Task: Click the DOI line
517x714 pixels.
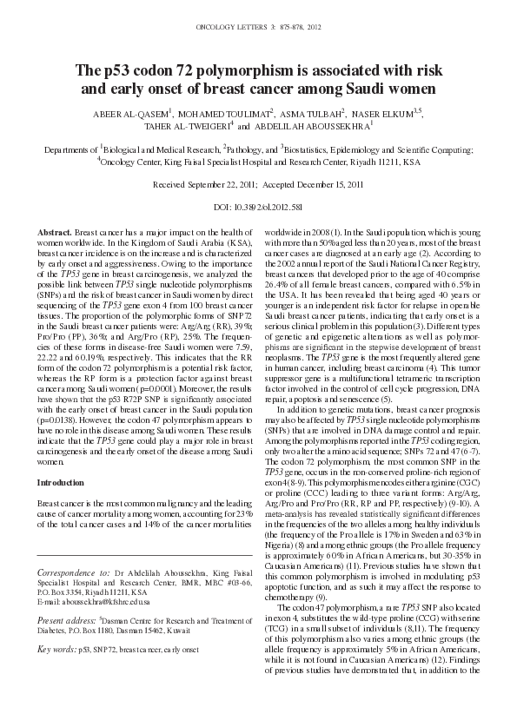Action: tap(258, 207)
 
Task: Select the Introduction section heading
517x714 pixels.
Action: tap(61, 482)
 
